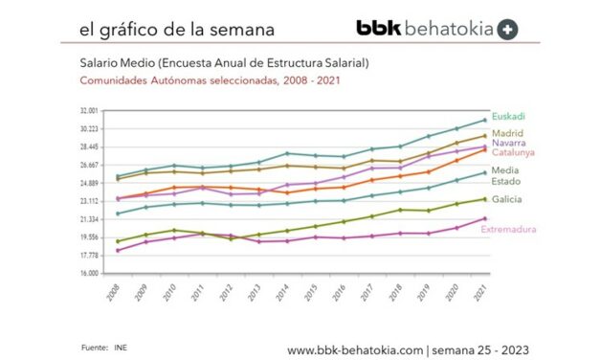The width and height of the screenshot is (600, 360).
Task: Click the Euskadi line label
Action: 507,116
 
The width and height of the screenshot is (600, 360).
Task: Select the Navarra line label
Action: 507,143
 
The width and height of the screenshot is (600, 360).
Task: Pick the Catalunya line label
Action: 512,151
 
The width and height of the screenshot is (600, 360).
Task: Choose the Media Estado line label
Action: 506,175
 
